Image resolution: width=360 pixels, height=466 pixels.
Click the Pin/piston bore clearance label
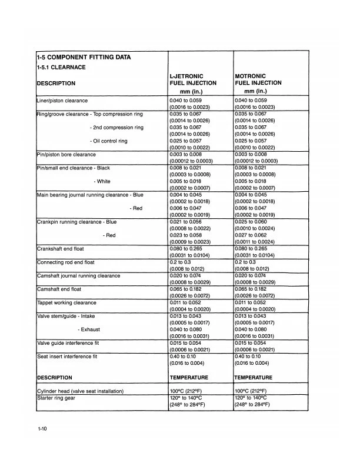tap(74, 154)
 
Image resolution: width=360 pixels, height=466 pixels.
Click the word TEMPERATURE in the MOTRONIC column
tap(254, 378)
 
